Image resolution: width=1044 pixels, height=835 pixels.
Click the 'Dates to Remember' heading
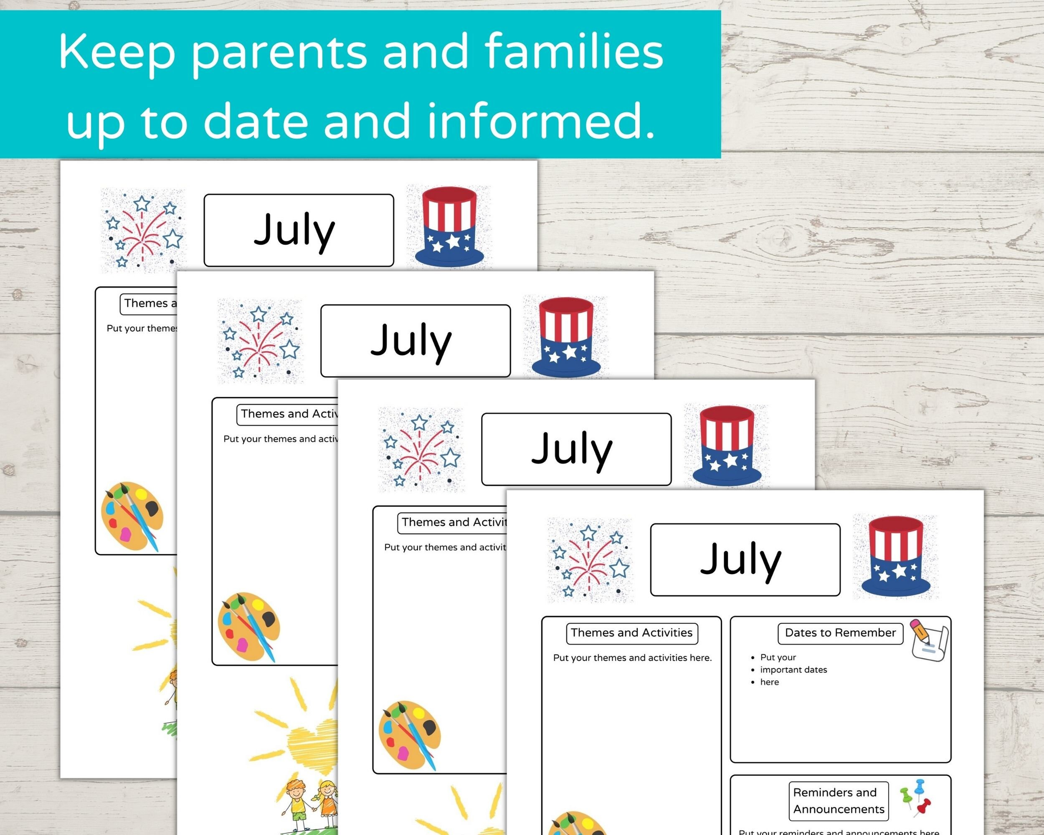tap(840, 633)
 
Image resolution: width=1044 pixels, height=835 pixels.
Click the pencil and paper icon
tap(929, 640)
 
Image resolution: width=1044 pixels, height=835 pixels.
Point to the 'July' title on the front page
tap(741, 559)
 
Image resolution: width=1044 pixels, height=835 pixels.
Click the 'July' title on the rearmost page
tap(294, 230)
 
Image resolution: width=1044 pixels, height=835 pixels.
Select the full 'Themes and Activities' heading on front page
tap(631, 633)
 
